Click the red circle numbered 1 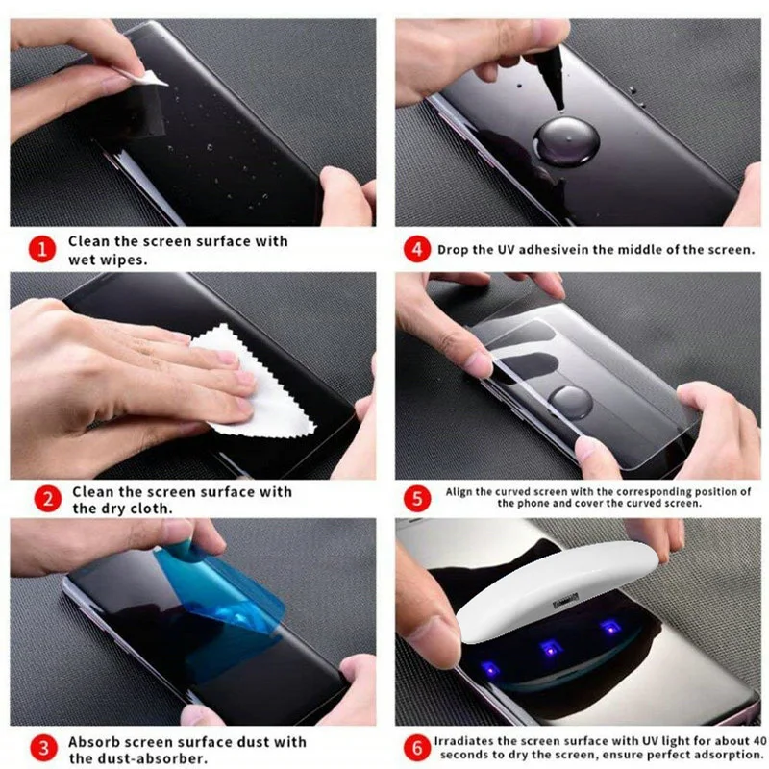pos(40,250)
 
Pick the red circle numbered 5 pos(415,498)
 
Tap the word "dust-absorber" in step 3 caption pos(142,758)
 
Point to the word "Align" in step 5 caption pos(457,491)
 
